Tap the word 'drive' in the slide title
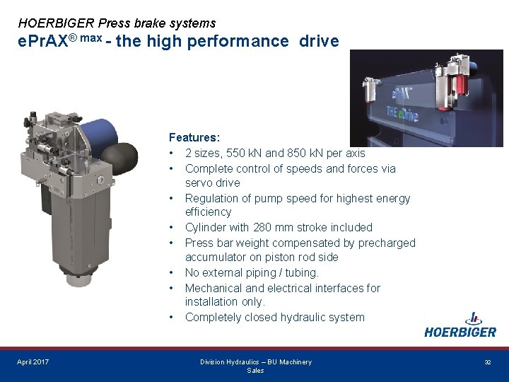319,41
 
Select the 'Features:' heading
194,137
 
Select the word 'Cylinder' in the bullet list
207,227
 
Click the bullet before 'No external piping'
172,272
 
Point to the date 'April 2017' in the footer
33,362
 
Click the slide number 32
487,362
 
